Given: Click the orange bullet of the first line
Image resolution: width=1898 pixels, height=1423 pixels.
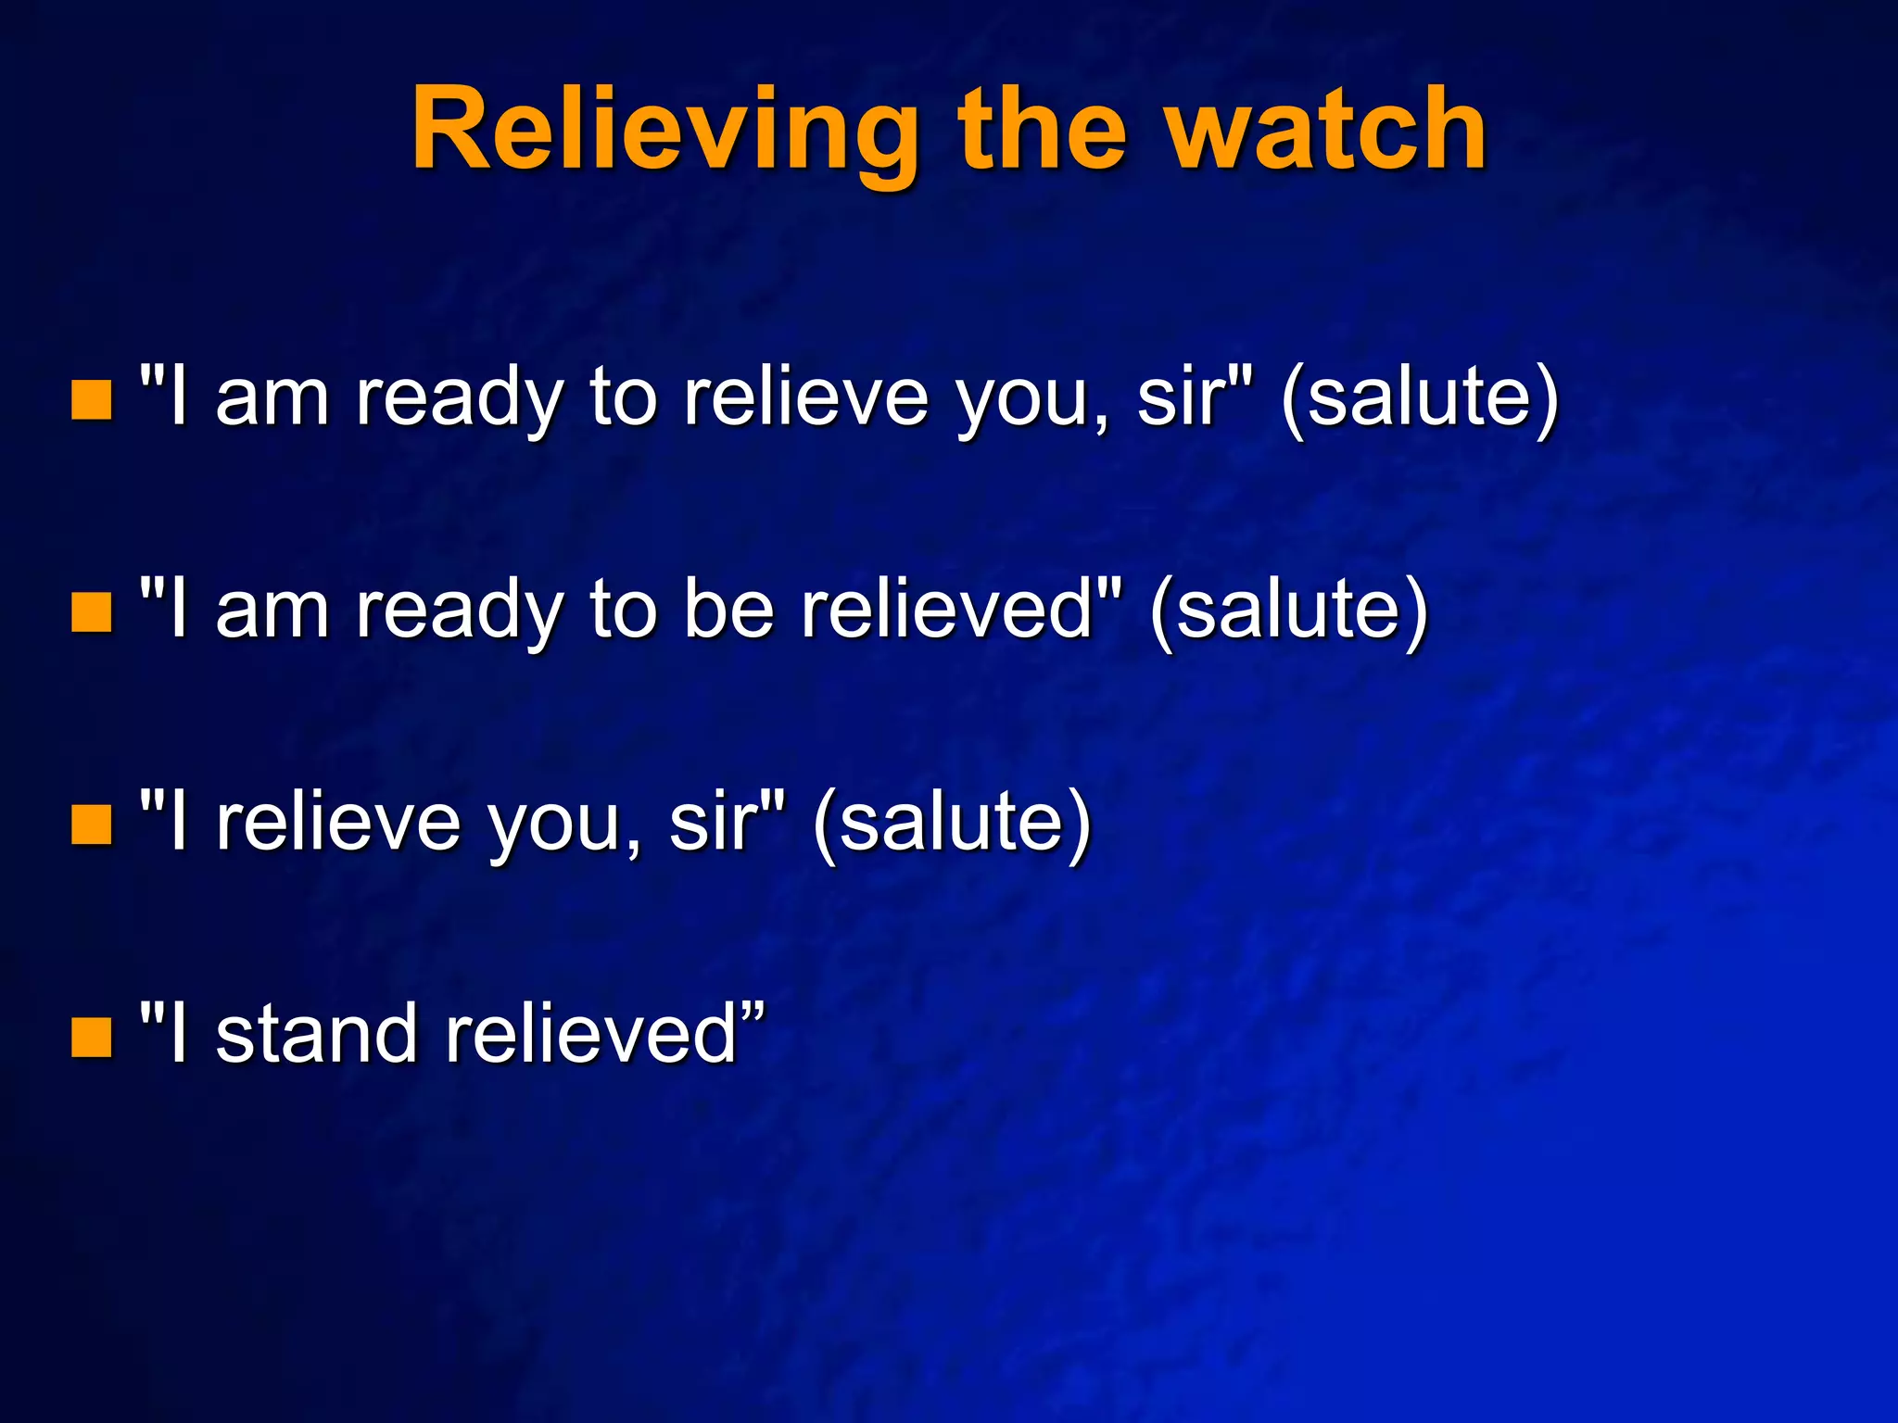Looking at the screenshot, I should pyautogui.click(x=92, y=399).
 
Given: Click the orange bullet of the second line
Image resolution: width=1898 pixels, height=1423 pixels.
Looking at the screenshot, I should pyautogui.click(x=92, y=612).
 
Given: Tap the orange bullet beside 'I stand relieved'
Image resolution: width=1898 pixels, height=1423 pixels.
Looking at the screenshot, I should pyautogui.click(x=92, y=1037).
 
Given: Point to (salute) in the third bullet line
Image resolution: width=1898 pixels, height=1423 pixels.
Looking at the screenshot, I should pyautogui.click(x=952, y=824).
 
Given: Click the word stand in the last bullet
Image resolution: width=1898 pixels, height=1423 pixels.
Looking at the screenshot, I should pyautogui.click(x=315, y=1035).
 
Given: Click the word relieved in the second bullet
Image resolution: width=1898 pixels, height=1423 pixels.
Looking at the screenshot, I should pyautogui.click(x=947, y=611).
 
